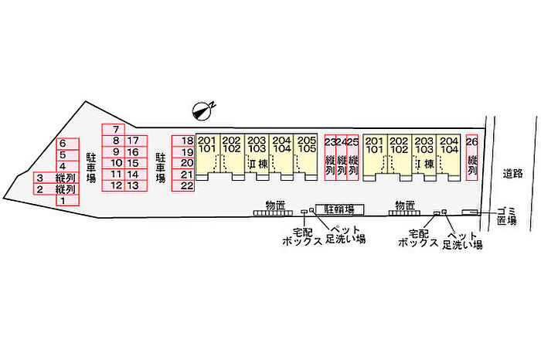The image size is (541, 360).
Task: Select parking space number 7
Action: click(x=114, y=130)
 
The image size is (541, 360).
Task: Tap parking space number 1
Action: click(x=63, y=200)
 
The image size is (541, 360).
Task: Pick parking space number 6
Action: click(x=63, y=144)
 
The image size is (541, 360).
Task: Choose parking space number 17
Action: click(x=134, y=141)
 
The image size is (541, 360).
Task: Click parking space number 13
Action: click(x=134, y=185)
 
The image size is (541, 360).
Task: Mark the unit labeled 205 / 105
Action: click(x=307, y=144)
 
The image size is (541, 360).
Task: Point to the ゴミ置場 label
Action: click(x=507, y=215)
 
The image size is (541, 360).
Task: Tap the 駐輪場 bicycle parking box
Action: click(x=339, y=209)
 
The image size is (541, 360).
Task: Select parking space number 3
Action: click(x=39, y=178)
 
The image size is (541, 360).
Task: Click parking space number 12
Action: click(x=115, y=185)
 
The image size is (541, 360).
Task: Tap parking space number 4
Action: click(x=63, y=166)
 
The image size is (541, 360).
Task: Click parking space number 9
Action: click(x=115, y=152)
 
